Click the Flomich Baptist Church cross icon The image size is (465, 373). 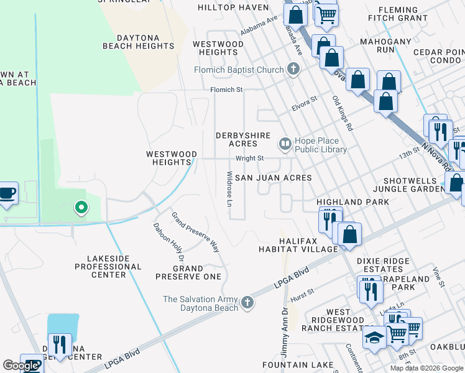[294, 70]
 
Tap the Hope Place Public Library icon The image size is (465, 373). [285, 145]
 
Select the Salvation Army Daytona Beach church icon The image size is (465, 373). [247, 303]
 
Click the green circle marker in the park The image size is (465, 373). [80, 208]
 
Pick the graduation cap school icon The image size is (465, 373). [374, 338]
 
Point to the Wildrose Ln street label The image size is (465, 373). [229, 190]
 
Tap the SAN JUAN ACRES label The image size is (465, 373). [272, 177]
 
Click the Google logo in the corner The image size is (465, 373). [21, 366]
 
